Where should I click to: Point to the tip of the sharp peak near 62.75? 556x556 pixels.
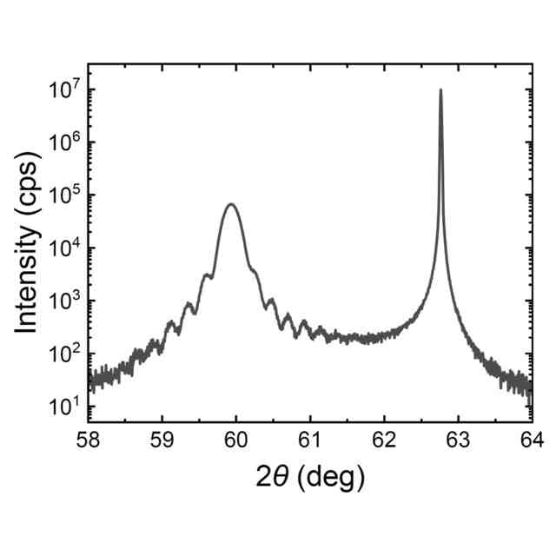tap(440, 89)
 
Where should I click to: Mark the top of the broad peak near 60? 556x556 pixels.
tap(231, 204)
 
